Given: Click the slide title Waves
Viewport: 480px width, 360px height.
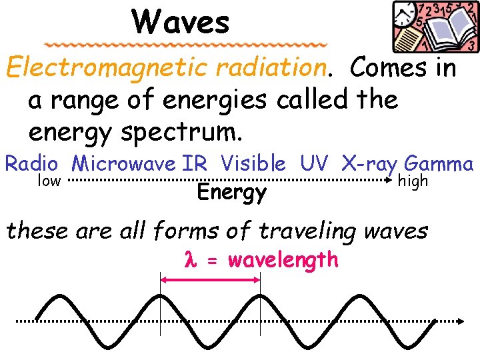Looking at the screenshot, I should [x=181, y=22].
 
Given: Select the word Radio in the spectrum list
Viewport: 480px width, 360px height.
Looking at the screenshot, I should [x=32, y=163].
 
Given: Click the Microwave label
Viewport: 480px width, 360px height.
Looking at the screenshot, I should [x=125, y=163].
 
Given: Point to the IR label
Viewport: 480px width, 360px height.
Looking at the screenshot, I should [x=195, y=163].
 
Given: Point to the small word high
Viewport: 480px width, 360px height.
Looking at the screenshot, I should [x=413, y=181].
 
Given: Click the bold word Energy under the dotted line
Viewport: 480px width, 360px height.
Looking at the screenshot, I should [x=231, y=193].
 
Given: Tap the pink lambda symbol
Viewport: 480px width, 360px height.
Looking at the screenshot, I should [x=188, y=260].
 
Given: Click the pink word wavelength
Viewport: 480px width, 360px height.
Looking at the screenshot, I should [x=283, y=259].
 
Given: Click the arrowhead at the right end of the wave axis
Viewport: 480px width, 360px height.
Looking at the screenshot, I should [x=460, y=321].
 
